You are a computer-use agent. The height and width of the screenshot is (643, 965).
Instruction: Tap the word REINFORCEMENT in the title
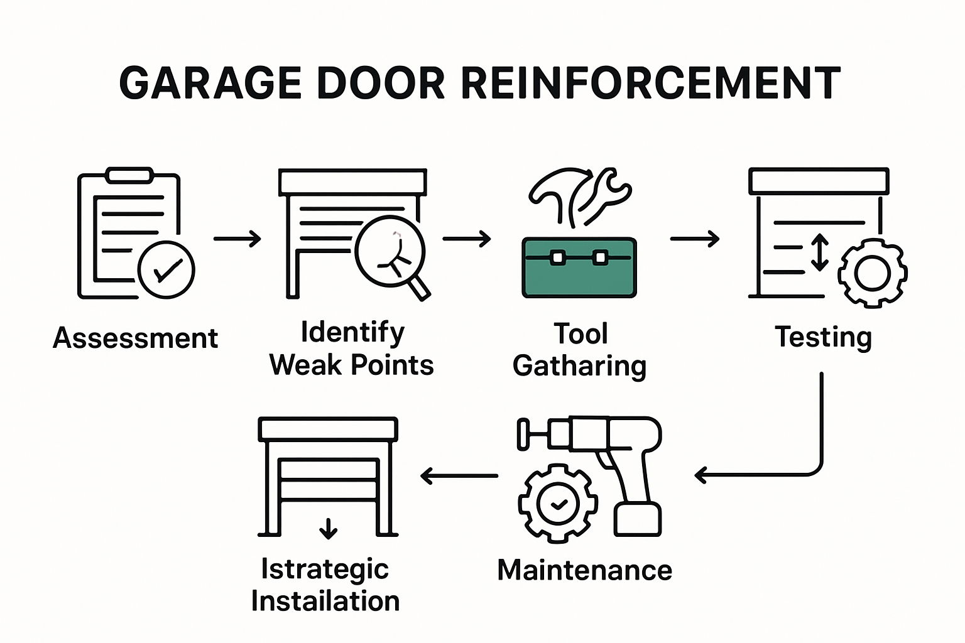(x=651, y=83)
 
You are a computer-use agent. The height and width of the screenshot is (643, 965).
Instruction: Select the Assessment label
(x=135, y=338)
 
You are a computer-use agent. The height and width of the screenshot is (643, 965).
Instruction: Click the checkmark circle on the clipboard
(x=166, y=270)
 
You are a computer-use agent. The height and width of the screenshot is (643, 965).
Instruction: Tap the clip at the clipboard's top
(x=130, y=175)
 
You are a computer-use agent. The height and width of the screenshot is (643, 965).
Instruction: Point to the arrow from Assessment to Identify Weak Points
(x=237, y=239)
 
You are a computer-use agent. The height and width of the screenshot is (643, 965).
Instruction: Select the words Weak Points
(x=351, y=365)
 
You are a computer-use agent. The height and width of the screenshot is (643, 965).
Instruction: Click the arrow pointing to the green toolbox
(x=466, y=239)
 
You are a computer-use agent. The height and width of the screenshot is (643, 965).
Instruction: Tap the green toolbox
(x=579, y=267)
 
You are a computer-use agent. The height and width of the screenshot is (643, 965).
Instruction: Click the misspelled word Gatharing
(x=579, y=366)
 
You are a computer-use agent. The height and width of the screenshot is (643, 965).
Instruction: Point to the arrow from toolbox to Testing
(x=694, y=239)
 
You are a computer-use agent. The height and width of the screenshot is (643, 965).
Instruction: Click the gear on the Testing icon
(x=873, y=273)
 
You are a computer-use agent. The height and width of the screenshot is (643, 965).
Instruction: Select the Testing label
(x=823, y=338)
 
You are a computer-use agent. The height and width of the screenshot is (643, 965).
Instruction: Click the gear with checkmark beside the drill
(x=558, y=504)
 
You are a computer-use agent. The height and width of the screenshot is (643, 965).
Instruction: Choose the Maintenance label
(x=584, y=570)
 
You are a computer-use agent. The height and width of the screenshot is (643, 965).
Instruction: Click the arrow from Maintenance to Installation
(x=459, y=476)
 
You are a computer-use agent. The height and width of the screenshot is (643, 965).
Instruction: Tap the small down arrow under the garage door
(x=328, y=529)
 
